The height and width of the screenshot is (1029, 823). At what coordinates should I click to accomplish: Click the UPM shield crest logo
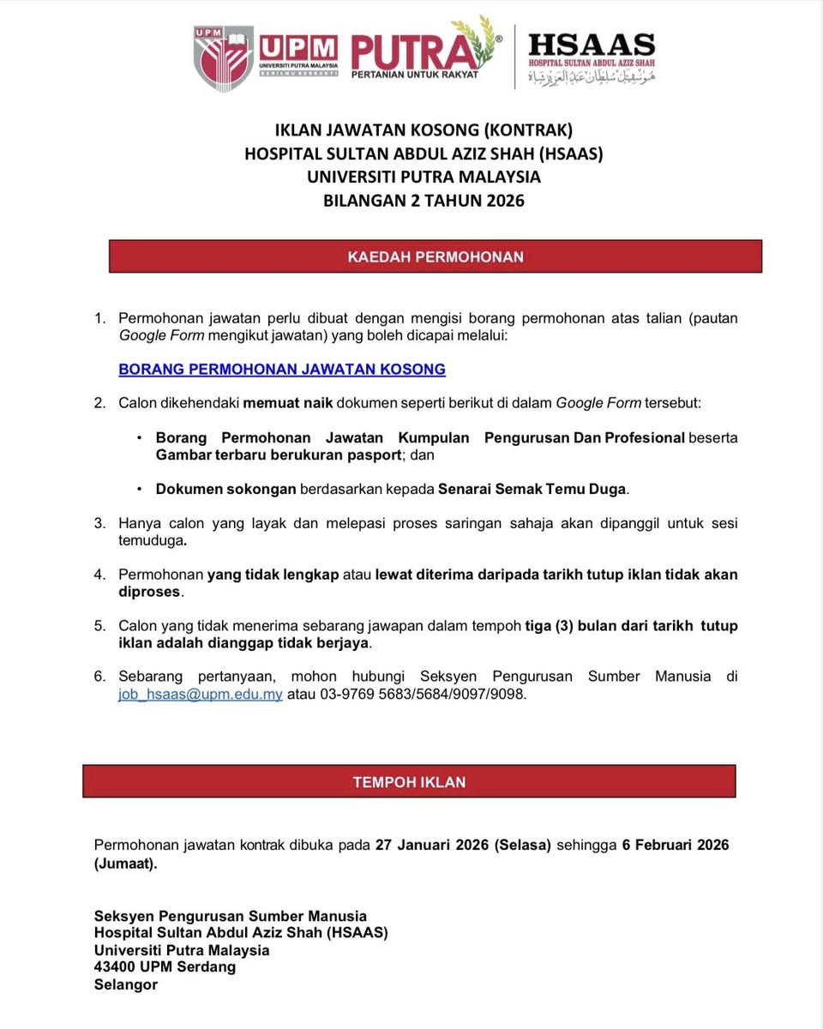223,57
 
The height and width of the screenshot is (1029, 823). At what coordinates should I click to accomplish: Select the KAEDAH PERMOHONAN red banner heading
436,256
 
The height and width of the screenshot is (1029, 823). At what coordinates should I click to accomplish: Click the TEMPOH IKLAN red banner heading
409,782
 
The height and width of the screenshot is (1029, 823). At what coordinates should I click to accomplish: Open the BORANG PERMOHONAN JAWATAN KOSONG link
282,370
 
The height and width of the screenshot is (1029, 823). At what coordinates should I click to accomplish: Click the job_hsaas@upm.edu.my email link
201,695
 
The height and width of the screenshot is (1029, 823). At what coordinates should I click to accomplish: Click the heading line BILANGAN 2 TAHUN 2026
424,202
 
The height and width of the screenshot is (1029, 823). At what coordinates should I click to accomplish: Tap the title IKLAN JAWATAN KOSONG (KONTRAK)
424,130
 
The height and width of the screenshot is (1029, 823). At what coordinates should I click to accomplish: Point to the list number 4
99,575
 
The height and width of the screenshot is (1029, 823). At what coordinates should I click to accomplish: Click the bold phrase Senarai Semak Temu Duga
532,490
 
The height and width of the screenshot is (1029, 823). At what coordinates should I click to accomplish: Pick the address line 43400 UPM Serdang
165,966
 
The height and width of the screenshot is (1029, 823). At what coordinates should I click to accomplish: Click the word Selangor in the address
126,984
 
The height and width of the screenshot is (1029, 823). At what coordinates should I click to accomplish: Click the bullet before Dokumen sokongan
139,490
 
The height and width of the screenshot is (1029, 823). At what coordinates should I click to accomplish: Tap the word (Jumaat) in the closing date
125,864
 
